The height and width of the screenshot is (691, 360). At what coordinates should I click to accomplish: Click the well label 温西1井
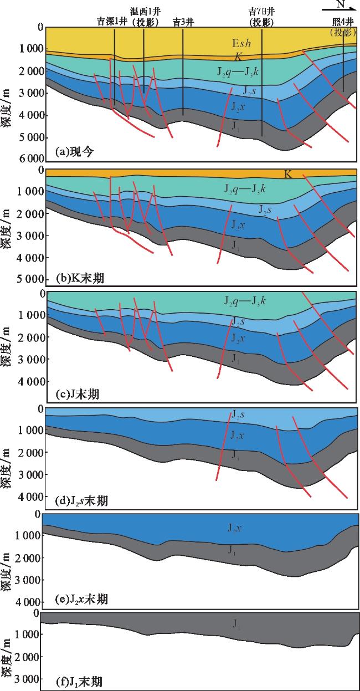[x=144, y=12]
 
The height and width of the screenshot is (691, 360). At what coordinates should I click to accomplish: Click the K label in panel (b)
[x=288, y=175]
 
